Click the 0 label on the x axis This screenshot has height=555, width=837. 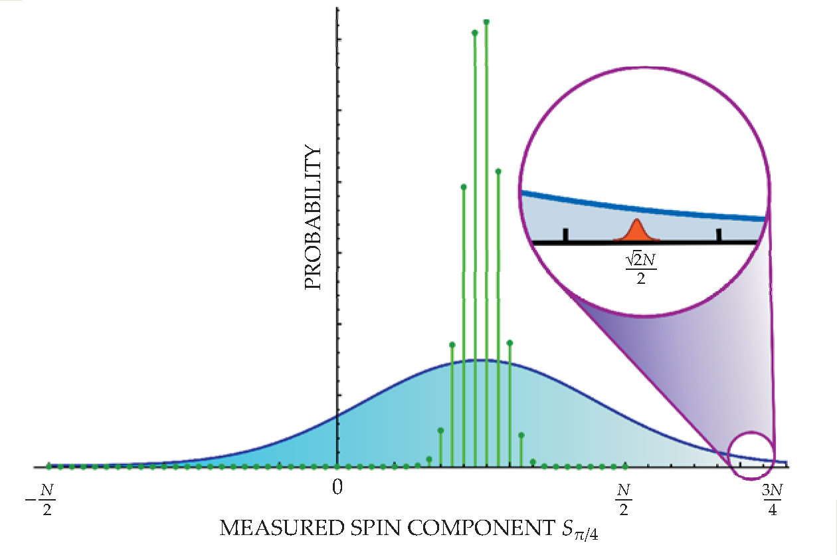tap(337, 487)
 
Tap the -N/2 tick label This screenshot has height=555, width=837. tap(44, 499)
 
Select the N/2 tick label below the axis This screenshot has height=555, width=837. tap(623, 499)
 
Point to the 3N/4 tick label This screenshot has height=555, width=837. tap(772, 499)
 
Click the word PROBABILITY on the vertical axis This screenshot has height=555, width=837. tap(313, 218)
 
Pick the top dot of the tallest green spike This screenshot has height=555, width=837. tap(486, 22)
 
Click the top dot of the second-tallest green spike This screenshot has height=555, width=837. tap(474, 33)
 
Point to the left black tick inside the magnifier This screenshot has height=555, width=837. tap(565, 235)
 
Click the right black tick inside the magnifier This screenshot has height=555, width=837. tap(718, 235)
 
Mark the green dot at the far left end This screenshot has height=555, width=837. tap(48, 466)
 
